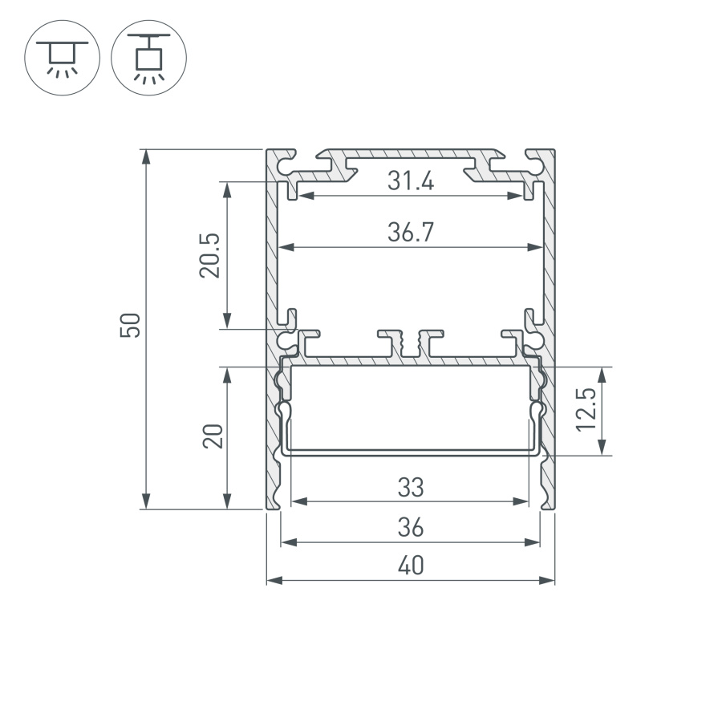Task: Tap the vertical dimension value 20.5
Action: point(209,256)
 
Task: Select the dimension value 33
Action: point(410,487)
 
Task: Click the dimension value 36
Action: point(410,528)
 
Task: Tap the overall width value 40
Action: point(410,566)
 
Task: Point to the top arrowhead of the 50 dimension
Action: point(146,157)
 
